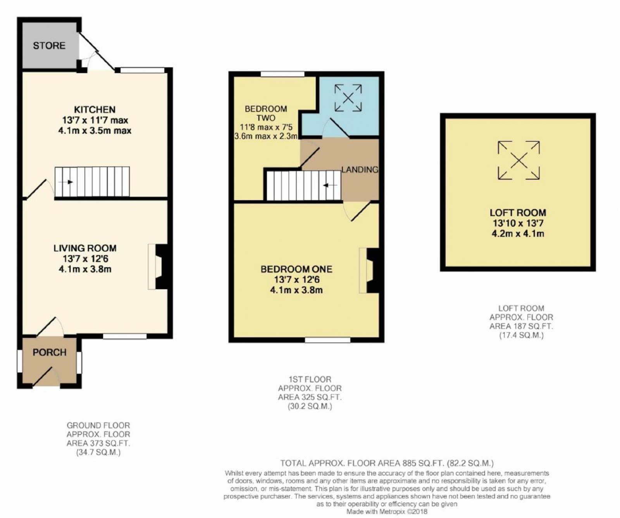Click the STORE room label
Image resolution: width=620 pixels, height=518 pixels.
49,46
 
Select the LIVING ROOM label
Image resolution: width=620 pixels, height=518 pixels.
85,248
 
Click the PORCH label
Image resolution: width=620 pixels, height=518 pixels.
49,352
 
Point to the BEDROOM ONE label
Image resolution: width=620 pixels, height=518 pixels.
296,269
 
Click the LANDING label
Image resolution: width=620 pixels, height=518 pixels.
360,169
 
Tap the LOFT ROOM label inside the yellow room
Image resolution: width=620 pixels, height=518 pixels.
518,213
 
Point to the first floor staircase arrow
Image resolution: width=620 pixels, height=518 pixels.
330,185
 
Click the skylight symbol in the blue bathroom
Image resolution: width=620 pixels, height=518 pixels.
348,98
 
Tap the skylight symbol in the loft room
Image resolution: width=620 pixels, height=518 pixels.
518,160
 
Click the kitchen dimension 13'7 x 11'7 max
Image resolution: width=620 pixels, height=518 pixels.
95,120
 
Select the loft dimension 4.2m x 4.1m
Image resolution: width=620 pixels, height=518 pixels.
518,234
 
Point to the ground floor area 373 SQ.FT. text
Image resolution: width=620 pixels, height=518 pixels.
98,443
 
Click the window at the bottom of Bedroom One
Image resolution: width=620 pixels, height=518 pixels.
327,340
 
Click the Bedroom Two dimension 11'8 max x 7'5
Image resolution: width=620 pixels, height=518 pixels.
265,127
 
